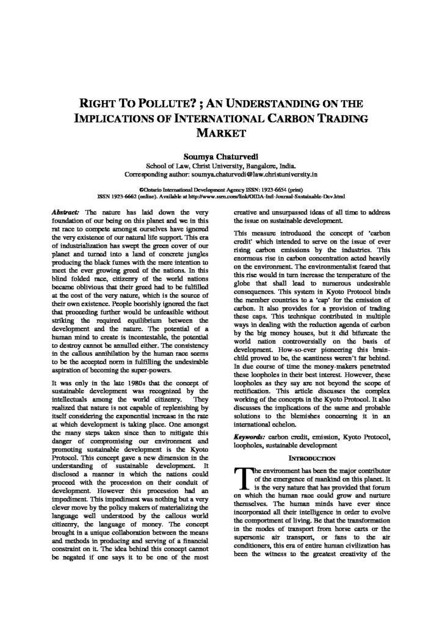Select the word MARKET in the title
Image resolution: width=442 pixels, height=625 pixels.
(x=220, y=131)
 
